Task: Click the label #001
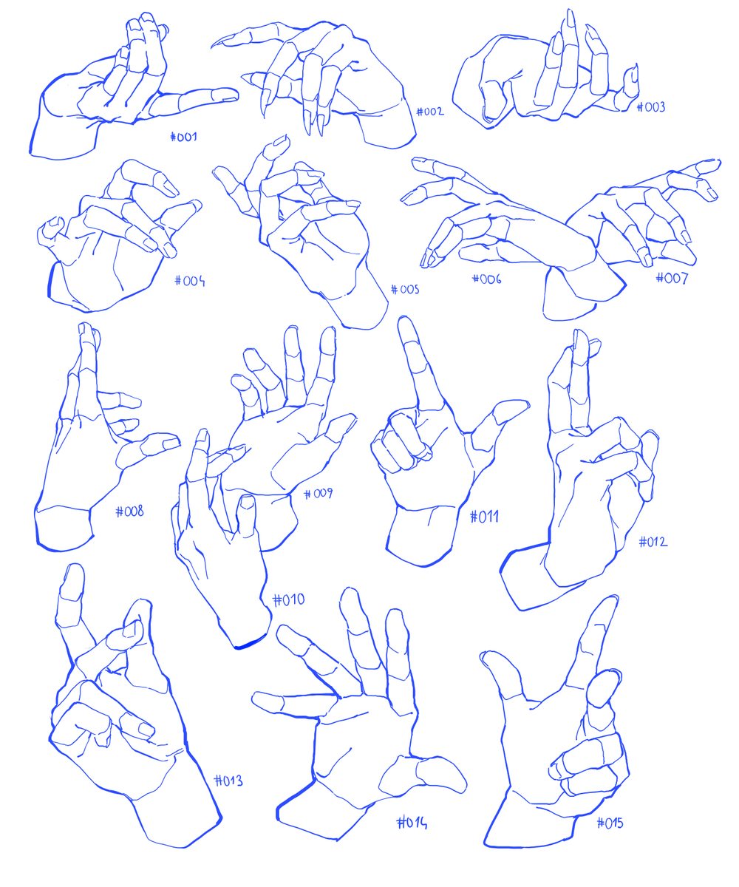pyautogui.click(x=183, y=137)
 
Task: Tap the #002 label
pyautogui.click(x=429, y=112)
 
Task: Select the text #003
pyautogui.click(x=650, y=107)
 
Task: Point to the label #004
pyautogui.click(x=189, y=281)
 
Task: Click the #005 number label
pyautogui.click(x=405, y=290)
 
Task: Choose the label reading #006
pyautogui.click(x=487, y=279)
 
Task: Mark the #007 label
pyautogui.click(x=672, y=278)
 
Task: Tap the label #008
pyautogui.click(x=130, y=512)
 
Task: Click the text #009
pyautogui.click(x=318, y=494)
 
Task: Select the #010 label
pyautogui.click(x=288, y=599)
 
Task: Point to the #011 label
pyautogui.click(x=484, y=517)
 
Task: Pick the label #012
pyautogui.click(x=653, y=542)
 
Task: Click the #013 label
pyautogui.click(x=228, y=781)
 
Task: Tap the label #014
pyautogui.click(x=412, y=823)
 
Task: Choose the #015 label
pyautogui.click(x=610, y=823)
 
